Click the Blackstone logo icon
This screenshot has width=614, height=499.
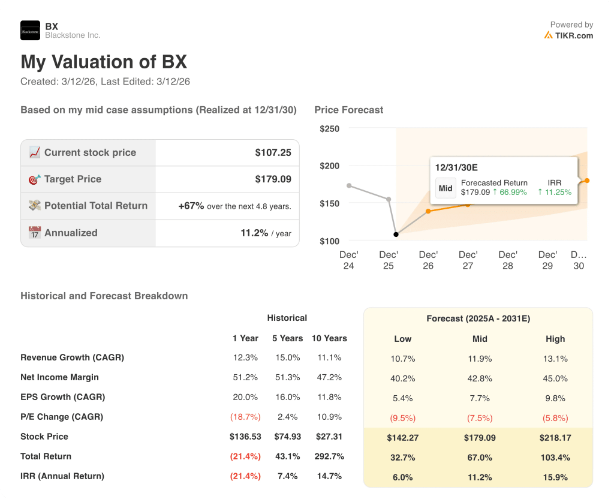[x=30, y=31]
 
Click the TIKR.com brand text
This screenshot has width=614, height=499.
[x=574, y=35]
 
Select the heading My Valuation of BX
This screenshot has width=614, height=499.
[x=104, y=62]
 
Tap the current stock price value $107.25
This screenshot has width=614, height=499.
[x=273, y=153]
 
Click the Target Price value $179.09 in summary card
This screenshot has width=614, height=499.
[x=273, y=179]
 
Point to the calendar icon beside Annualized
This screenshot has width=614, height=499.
[x=35, y=233]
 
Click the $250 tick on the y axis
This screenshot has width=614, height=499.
[x=329, y=129]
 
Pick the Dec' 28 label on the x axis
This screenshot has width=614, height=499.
[x=508, y=260]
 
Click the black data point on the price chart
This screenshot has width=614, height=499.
[x=396, y=234]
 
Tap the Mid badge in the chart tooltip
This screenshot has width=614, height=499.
[x=446, y=188]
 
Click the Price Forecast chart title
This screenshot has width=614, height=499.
[x=349, y=110]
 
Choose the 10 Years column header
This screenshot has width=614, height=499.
[x=329, y=338]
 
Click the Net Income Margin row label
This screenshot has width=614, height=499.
[x=59, y=377]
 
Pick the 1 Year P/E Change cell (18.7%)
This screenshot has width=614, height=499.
[x=245, y=417]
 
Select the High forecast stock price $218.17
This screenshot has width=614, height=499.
[x=555, y=438]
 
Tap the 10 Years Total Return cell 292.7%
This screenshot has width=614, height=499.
[x=329, y=456]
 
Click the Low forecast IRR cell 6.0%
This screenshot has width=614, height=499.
[x=402, y=477]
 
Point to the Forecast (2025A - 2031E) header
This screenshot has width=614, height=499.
[x=478, y=319]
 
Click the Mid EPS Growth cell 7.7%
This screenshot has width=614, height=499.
[x=480, y=398]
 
